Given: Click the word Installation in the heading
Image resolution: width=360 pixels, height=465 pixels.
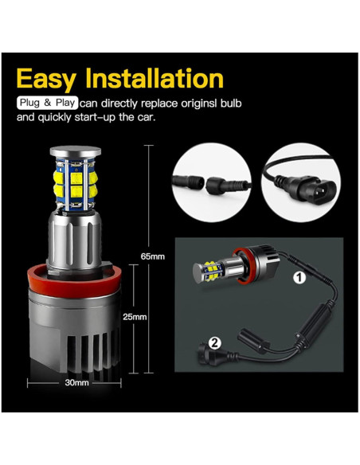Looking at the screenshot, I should [160, 79].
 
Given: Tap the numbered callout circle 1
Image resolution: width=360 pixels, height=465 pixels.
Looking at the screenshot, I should [300, 278].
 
